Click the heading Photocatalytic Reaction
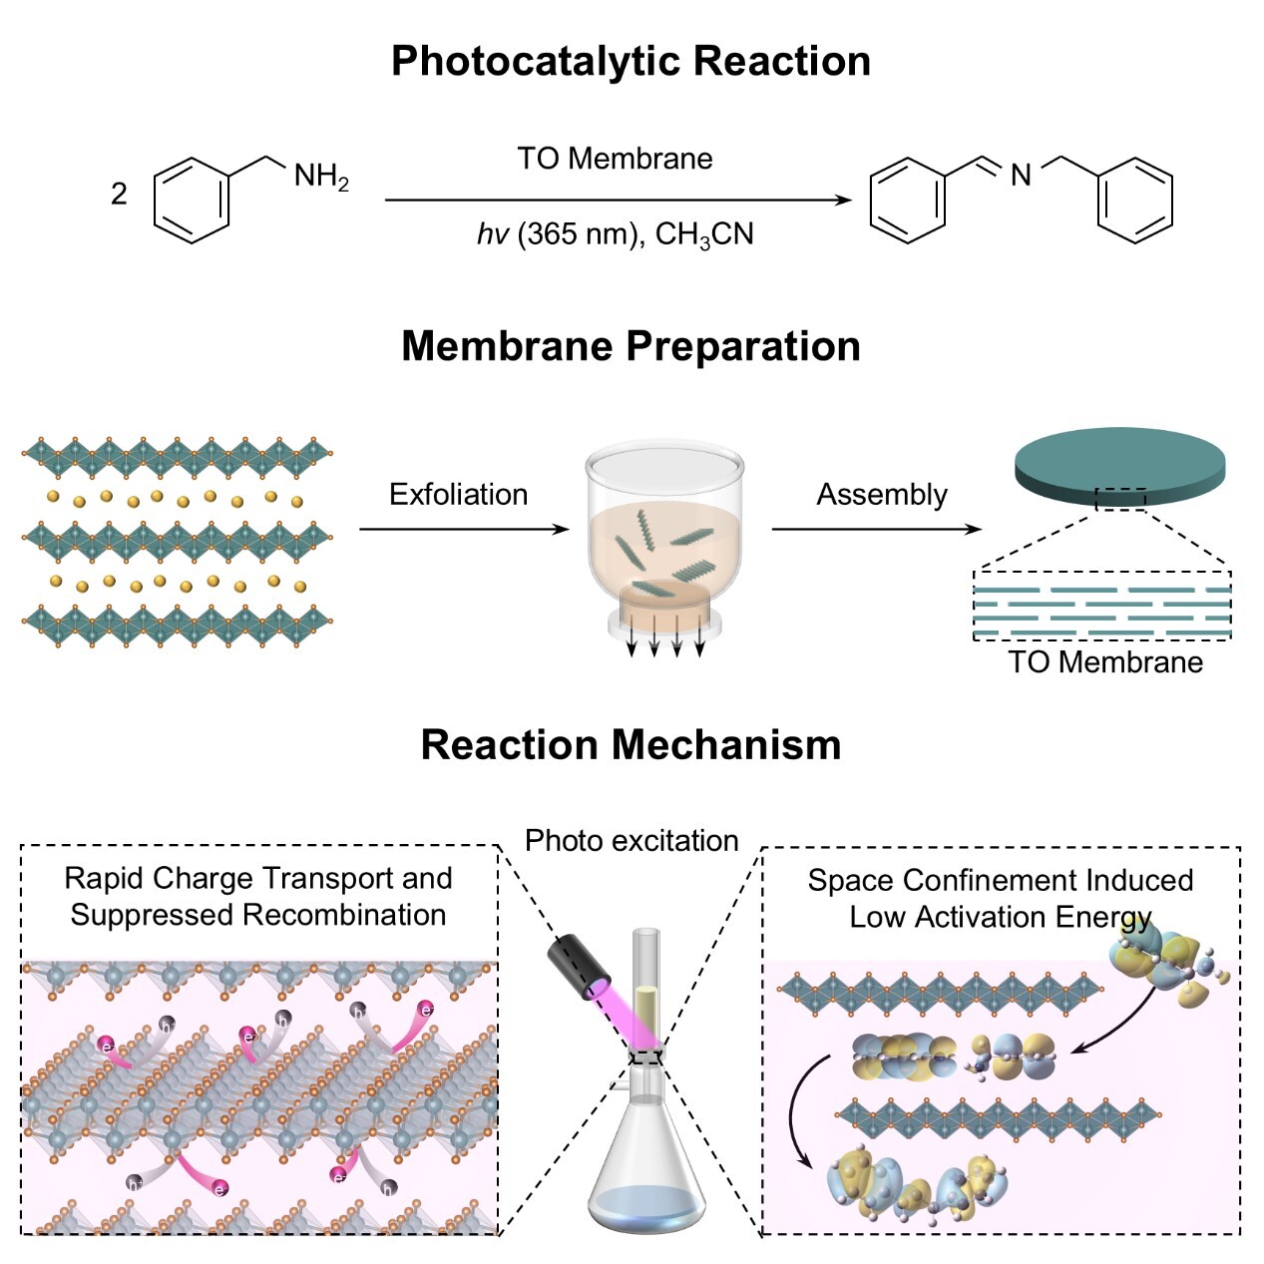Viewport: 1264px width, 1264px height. pyautogui.click(x=631, y=61)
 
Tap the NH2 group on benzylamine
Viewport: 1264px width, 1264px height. pyautogui.click(x=320, y=177)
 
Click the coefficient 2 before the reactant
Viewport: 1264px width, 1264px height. pyautogui.click(x=119, y=194)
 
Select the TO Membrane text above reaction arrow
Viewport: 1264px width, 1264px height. pyautogui.click(x=615, y=159)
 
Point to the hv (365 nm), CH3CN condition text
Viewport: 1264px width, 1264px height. pyautogui.click(x=615, y=234)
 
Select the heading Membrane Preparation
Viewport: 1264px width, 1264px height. pyautogui.click(x=631, y=346)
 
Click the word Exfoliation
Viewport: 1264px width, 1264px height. pyautogui.click(x=458, y=495)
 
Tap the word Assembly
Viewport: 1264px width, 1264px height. pyautogui.click(x=882, y=495)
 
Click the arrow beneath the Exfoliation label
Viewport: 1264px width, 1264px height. pyautogui.click(x=463, y=529)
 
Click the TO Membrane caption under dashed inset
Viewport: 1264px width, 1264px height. pyautogui.click(x=1104, y=662)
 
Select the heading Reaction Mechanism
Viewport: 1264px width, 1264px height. pyautogui.click(x=631, y=745)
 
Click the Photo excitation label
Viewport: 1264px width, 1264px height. pyautogui.click(x=632, y=841)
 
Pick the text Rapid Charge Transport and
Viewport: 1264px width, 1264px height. pyautogui.click(x=258, y=878)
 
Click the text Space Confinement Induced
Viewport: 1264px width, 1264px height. pyautogui.click(x=1001, y=880)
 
